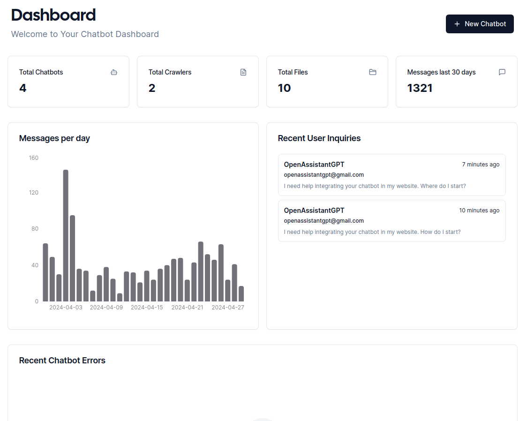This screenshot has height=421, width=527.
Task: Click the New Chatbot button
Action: click(x=480, y=24)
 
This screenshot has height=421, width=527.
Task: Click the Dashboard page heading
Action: click(x=53, y=15)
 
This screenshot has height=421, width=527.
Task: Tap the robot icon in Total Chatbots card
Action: click(x=114, y=72)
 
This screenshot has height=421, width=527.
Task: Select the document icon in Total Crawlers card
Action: click(x=243, y=72)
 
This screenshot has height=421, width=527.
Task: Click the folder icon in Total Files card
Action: click(x=373, y=72)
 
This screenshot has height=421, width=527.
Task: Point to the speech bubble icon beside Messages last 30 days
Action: click(x=502, y=72)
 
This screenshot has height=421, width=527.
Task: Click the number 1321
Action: click(x=420, y=88)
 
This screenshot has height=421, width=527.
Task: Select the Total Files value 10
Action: click(x=284, y=88)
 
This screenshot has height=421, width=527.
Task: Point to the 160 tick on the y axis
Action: click(x=33, y=158)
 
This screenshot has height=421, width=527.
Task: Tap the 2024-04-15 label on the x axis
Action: click(x=147, y=308)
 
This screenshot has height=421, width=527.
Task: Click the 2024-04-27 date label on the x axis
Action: click(x=228, y=308)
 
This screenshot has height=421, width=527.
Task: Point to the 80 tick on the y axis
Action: click(x=34, y=229)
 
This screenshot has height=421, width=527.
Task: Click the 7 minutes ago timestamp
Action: click(x=481, y=165)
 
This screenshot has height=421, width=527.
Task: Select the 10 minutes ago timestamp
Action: click(x=479, y=210)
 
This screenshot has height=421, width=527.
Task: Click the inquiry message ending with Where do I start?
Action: click(x=375, y=186)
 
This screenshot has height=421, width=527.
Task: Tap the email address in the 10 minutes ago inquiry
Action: click(x=324, y=221)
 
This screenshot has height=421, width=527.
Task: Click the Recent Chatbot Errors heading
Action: click(x=62, y=361)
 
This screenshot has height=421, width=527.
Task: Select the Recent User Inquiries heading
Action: click(x=319, y=138)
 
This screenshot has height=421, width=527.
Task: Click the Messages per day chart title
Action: click(x=54, y=138)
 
